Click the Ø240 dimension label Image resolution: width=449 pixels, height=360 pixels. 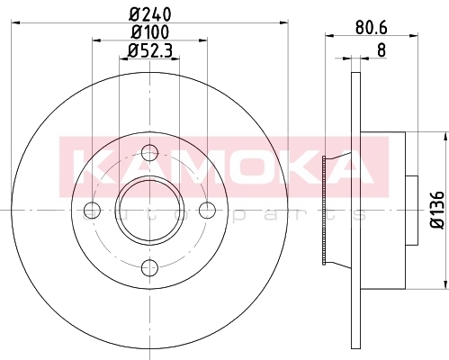pyautogui.click(x=149, y=14)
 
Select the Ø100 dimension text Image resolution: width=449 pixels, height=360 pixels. pyautogui.click(x=149, y=32)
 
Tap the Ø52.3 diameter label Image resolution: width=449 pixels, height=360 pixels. pyautogui.click(x=149, y=50)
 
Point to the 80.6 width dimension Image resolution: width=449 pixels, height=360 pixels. pyautogui.click(x=372, y=28)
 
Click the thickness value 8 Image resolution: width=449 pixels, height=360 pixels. pyautogui.click(x=382, y=50)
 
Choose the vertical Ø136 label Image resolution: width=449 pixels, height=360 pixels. pyautogui.click(x=437, y=210)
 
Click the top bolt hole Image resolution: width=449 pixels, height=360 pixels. pyautogui.click(x=149, y=152)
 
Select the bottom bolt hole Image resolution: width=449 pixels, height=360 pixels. pyautogui.click(x=149, y=267)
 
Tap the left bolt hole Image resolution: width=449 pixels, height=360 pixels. pyautogui.click(x=92, y=210)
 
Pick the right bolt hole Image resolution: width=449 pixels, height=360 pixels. pyautogui.click(x=207, y=210)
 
